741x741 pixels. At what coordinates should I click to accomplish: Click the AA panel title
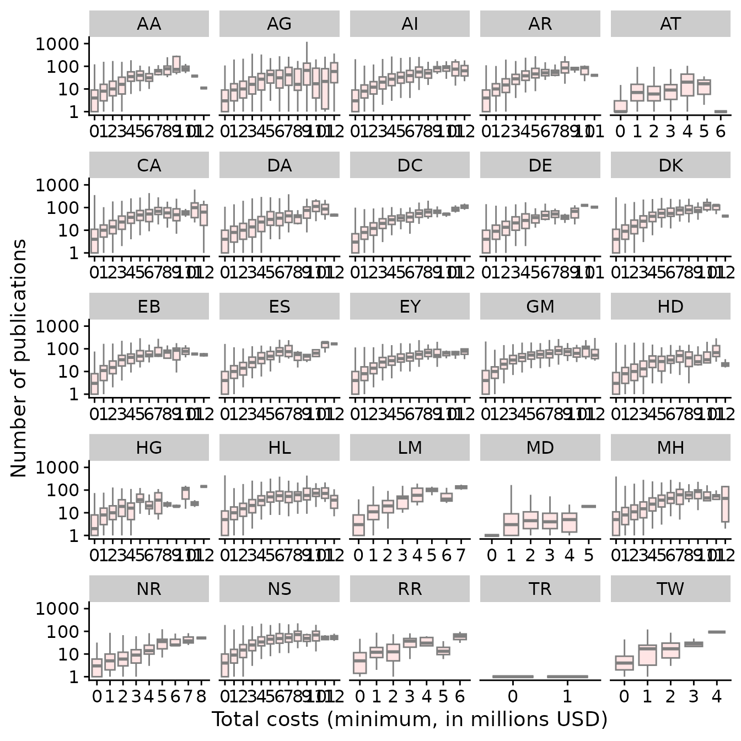(149, 24)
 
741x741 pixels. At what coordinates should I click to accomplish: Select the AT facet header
(670, 24)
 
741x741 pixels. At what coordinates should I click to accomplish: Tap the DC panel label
(410, 165)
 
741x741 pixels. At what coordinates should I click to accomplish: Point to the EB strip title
(149, 307)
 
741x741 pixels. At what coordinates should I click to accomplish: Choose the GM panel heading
(540, 307)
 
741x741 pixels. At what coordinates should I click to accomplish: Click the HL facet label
(280, 448)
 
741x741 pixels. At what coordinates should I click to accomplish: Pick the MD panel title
(540, 448)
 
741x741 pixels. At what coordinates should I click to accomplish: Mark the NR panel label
(149, 589)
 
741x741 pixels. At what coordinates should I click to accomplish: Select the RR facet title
(410, 589)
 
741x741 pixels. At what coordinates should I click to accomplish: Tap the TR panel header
(540, 589)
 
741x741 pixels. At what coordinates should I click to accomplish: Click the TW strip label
(670, 589)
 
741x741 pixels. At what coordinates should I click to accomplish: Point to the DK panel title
(670, 165)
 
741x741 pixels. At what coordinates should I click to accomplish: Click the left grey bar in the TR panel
(513, 676)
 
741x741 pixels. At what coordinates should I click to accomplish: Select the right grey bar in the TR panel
(567, 676)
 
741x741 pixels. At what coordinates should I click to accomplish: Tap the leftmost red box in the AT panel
(621, 106)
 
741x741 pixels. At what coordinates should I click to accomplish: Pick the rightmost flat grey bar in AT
(721, 111)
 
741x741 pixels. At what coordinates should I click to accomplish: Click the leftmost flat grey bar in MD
(492, 535)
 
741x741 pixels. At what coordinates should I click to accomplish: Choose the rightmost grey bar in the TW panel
(717, 632)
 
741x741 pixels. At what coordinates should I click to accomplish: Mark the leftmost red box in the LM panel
(359, 525)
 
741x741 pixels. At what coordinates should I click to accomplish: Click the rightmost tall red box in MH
(726, 504)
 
